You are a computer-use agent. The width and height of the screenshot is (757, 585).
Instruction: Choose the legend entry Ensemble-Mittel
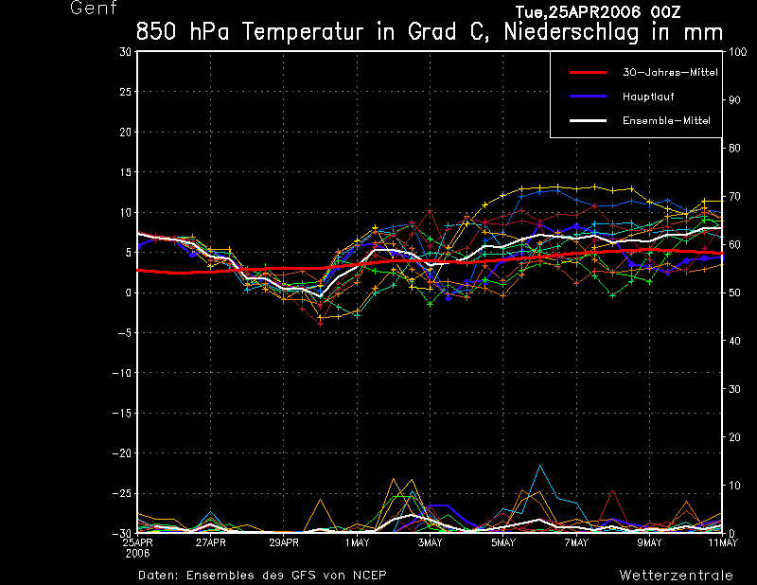[x=666, y=120]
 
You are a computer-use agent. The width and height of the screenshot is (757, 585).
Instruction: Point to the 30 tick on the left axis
[x=125, y=51]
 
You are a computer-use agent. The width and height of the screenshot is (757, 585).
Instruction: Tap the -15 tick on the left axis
[x=122, y=413]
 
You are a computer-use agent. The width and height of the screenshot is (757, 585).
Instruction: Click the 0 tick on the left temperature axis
[x=128, y=292]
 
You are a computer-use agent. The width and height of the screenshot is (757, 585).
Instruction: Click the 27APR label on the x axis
[x=210, y=542]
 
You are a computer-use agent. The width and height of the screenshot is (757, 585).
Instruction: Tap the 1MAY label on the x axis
[x=357, y=542]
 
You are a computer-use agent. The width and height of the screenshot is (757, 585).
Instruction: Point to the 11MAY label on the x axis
[x=723, y=542]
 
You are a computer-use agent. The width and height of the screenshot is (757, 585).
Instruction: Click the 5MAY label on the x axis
[x=503, y=542]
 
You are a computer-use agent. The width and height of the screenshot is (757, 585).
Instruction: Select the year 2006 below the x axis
[x=138, y=552]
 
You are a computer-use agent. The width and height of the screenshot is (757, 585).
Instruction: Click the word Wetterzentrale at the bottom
[x=677, y=575]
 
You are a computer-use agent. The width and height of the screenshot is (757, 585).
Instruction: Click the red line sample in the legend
[x=587, y=72]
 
